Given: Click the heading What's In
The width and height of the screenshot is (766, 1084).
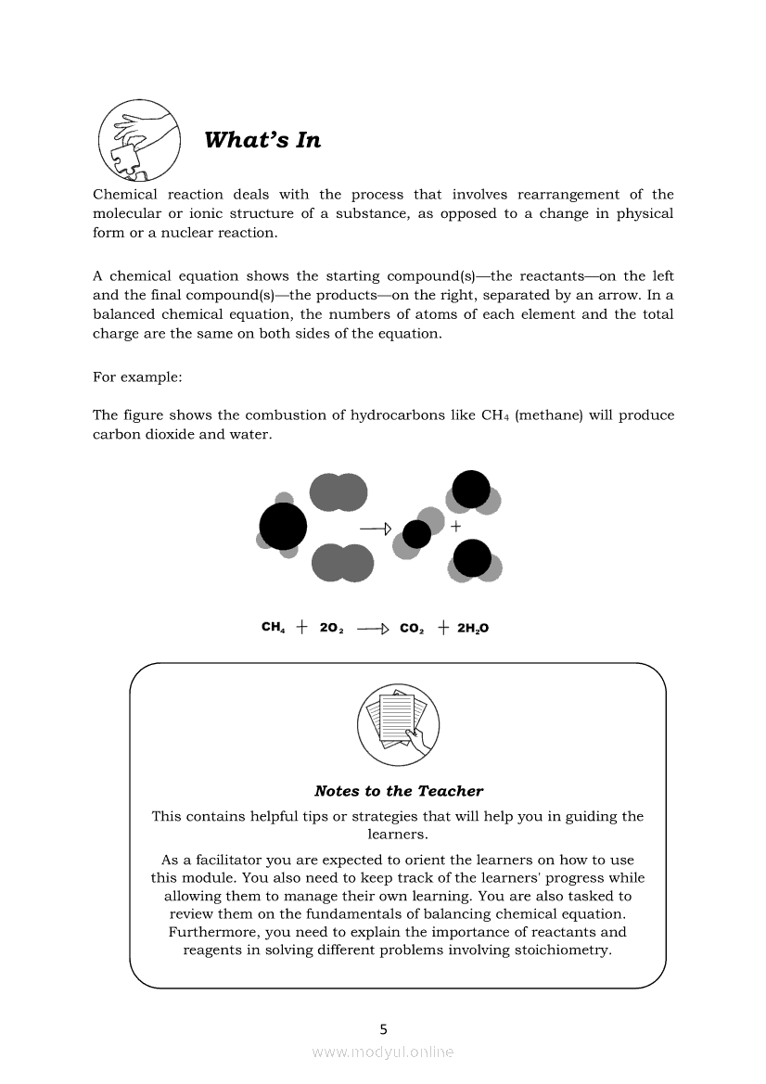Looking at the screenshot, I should [x=262, y=140].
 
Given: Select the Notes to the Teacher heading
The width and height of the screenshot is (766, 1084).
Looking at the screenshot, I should [x=399, y=791].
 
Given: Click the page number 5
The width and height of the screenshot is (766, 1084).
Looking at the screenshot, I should [x=384, y=1028].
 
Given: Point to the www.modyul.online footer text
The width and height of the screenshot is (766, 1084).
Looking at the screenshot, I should [x=383, y=1052].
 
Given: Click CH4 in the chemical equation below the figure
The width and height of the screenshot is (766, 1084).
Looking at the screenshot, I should [x=273, y=628].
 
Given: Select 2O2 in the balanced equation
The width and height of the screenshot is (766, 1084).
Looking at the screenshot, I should [x=332, y=628].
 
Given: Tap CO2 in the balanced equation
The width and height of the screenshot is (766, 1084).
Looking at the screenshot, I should [x=412, y=628].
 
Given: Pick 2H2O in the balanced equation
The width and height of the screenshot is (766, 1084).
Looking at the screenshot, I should [x=473, y=628].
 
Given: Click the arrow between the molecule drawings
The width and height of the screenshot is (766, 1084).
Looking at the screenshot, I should [x=376, y=529].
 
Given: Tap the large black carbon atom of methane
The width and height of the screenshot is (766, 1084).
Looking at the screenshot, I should [x=283, y=527].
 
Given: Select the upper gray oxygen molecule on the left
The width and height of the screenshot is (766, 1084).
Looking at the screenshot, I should [x=338, y=492].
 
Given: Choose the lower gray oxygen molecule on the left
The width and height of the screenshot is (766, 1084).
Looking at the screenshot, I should [x=342, y=563].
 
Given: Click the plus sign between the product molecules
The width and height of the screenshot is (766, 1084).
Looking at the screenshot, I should [x=455, y=526].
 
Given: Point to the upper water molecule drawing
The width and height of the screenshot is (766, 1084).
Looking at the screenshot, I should [x=472, y=492].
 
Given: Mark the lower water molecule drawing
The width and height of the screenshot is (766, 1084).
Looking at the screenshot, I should [x=473, y=560].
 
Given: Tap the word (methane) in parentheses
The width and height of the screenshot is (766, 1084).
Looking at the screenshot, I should [x=545, y=414].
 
